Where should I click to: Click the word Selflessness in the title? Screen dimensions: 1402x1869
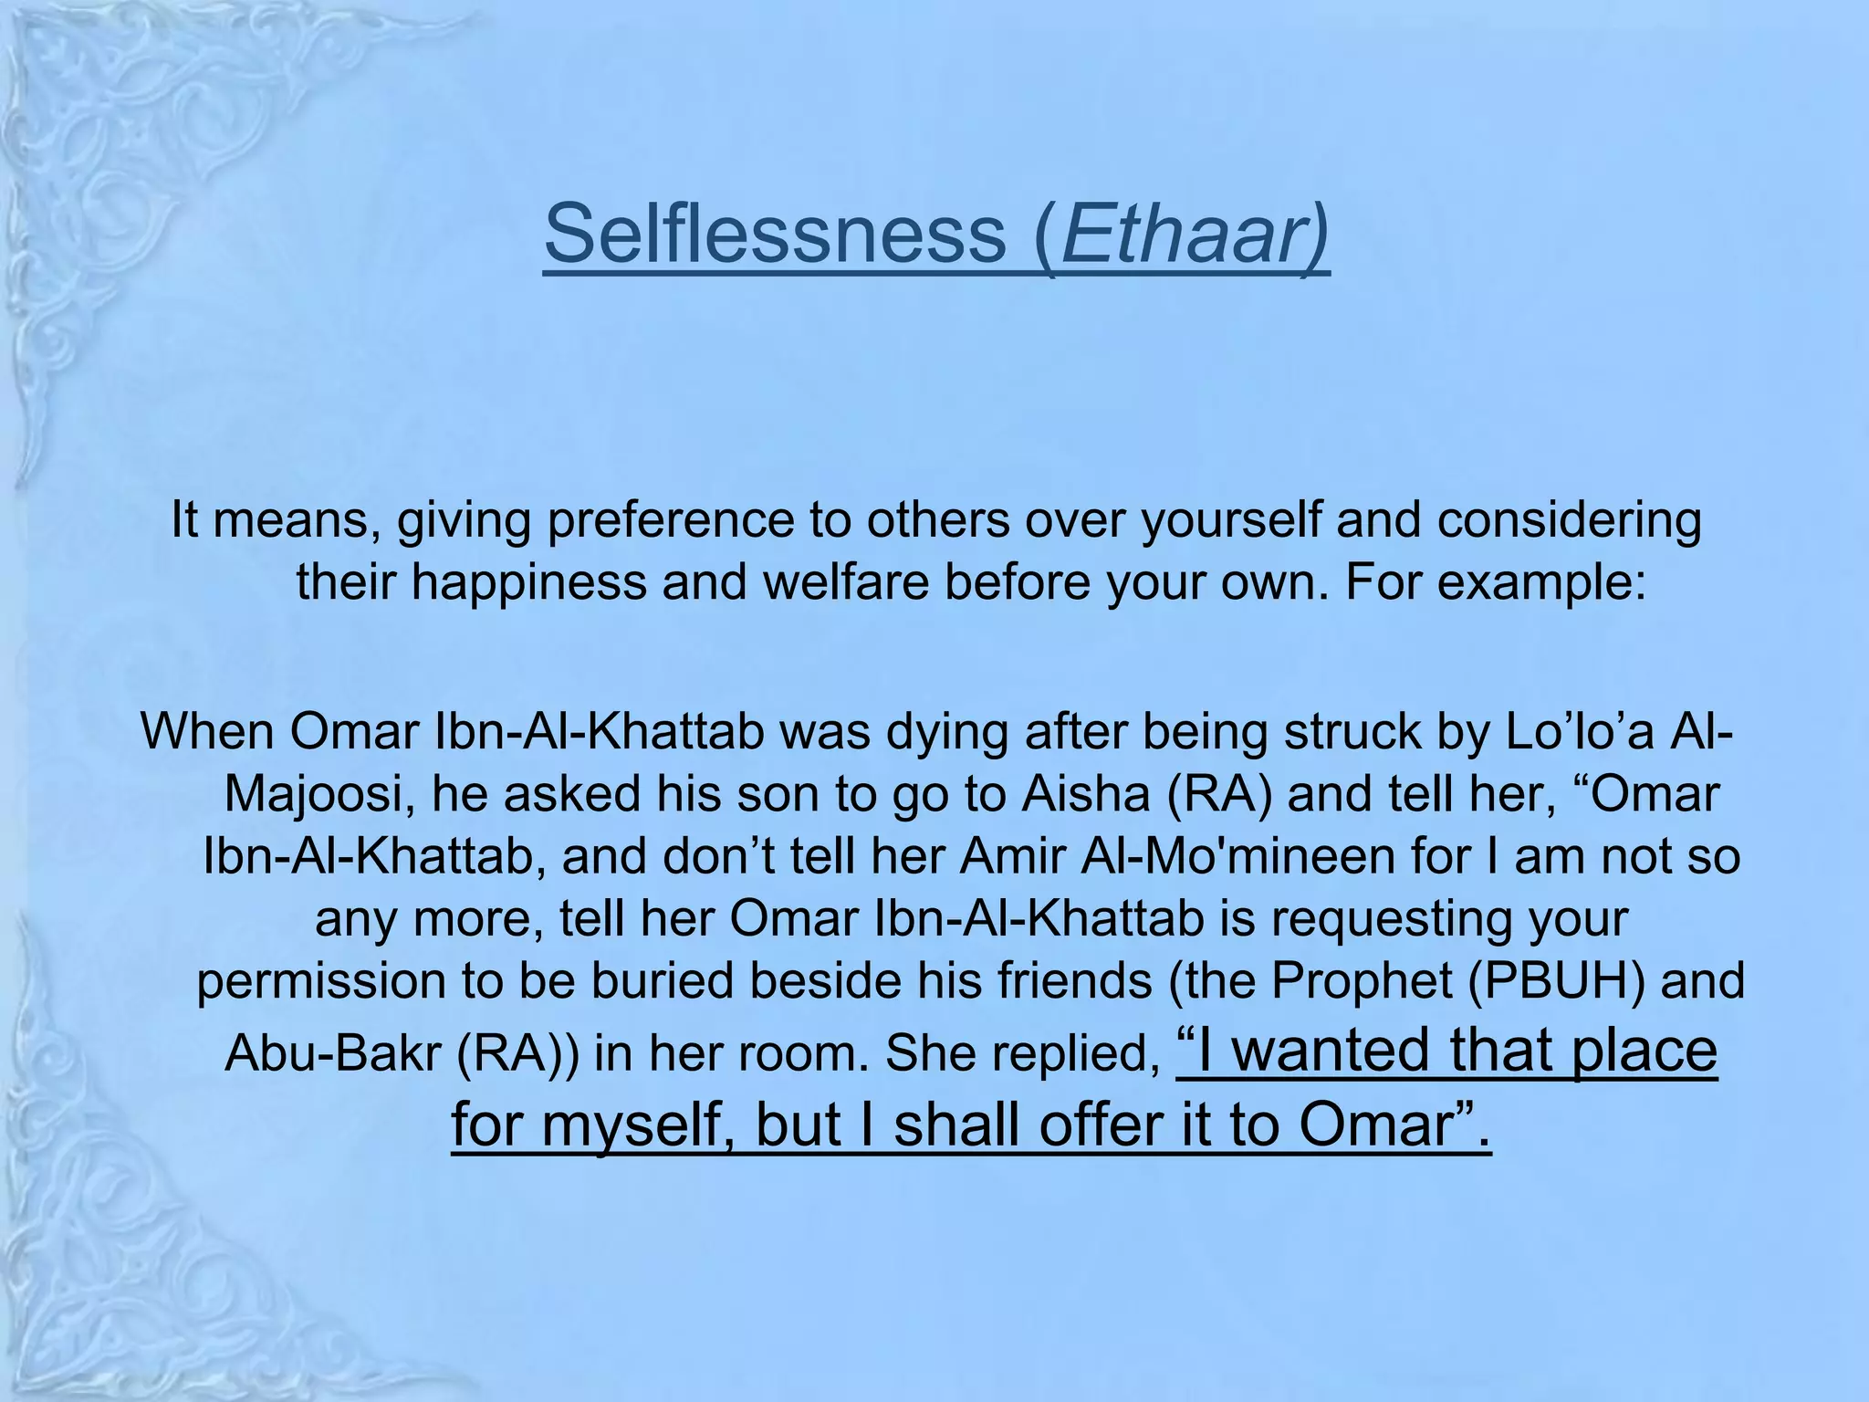pyautogui.click(x=774, y=234)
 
